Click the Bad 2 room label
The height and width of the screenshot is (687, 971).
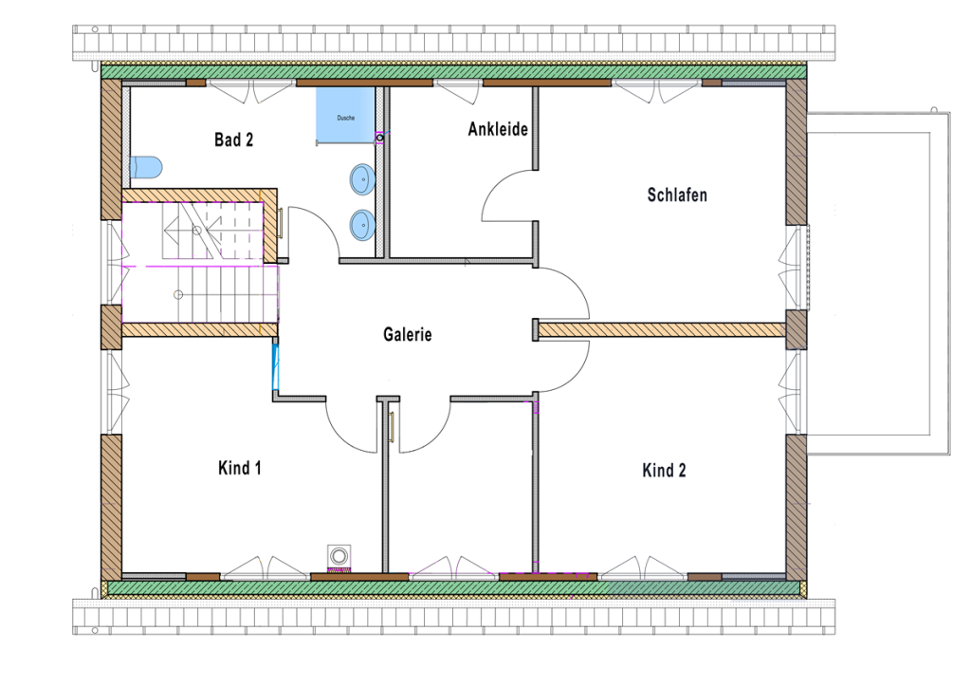(x=233, y=140)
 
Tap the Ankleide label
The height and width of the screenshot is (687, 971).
(x=497, y=129)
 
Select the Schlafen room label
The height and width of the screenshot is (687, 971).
(x=677, y=195)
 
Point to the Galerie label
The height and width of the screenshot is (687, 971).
(x=408, y=334)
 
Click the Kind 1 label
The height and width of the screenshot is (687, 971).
(x=240, y=468)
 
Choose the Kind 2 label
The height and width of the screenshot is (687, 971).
(x=664, y=471)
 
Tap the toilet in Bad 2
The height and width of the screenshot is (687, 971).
(x=146, y=167)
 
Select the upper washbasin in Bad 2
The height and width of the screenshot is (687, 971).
(x=362, y=177)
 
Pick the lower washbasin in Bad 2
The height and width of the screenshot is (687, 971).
(x=361, y=225)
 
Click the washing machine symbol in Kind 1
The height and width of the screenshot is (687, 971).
(x=339, y=557)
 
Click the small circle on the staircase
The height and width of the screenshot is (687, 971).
(x=177, y=294)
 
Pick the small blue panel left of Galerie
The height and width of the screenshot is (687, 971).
(x=276, y=365)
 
